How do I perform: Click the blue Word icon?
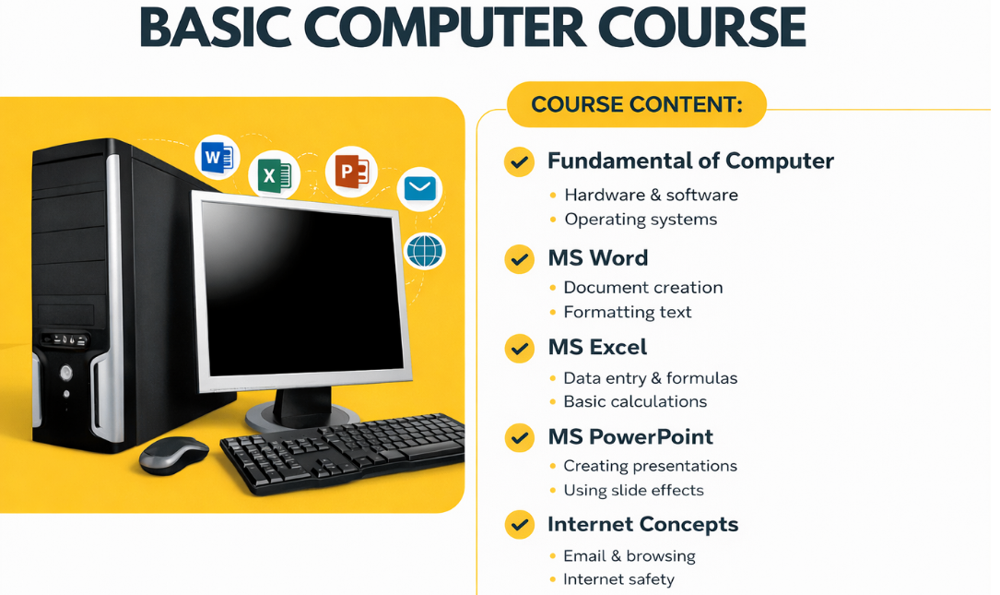tap(217, 159)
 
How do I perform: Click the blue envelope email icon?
tap(419, 189)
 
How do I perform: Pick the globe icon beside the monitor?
tap(424, 251)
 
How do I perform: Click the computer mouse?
tap(173, 454)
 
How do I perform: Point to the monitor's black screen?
tap(300, 287)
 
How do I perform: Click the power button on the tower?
tap(65, 373)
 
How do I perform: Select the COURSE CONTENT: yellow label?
tap(636, 104)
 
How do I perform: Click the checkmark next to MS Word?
tap(520, 259)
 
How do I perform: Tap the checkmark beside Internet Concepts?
tap(520, 526)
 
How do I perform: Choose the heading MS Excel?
tap(597, 348)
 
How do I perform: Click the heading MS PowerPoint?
tap(630, 436)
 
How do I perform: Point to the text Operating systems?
tap(641, 220)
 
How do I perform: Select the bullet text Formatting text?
tap(627, 312)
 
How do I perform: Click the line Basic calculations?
tap(635, 401)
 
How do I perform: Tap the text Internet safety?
tap(618, 579)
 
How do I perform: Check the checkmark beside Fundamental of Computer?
tap(520, 162)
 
